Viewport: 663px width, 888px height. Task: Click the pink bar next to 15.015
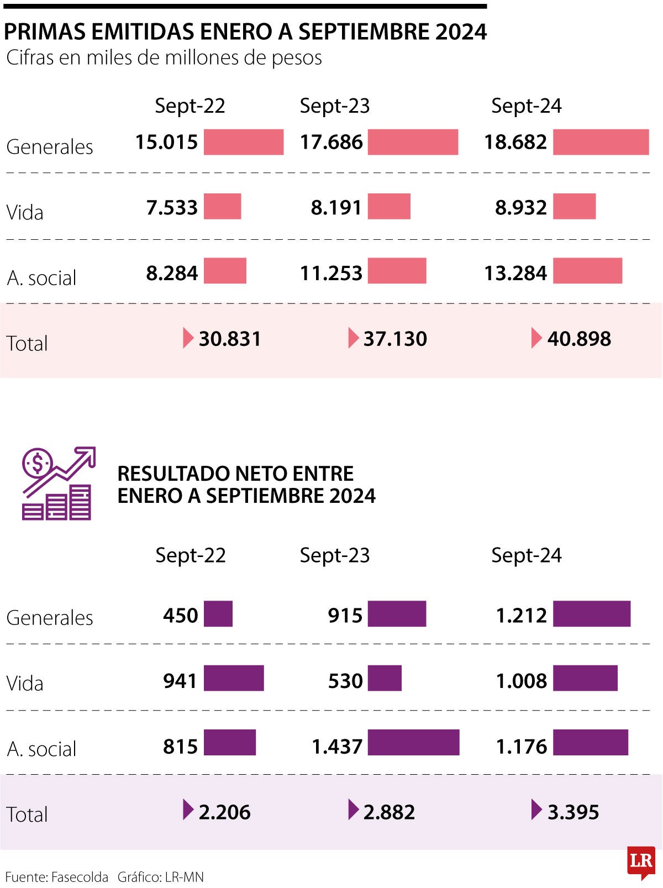pyautogui.click(x=244, y=142)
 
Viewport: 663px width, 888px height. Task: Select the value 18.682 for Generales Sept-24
pyautogui.click(x=515, y=142)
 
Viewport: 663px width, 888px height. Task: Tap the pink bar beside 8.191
pyautogui.click(x=389, y=207)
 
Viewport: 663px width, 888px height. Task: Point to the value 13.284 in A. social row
pyautogui.click(x=515, y=273)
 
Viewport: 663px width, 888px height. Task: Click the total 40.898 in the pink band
pyautogui.click(x=579, y=339)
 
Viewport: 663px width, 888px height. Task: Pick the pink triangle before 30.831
pyautogui.click(x=188, y=338)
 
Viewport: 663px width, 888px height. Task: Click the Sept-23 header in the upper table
pyautogui.click(x=334, y=106)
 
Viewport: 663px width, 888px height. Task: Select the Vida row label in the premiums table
pyautogui.click(x=25, y=212)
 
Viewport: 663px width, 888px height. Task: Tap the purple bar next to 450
pyautogui.click(x=218, y=614)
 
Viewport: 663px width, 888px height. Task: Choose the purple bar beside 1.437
pyautogui.click(x=413, y=743)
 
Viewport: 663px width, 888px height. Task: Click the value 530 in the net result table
pyautogui.click(x=345, y=681)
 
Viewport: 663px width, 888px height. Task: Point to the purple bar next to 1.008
pyautogui.click(x=585, y=679)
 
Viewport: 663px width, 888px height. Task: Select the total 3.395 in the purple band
pyautogui.click(x=573, y=812)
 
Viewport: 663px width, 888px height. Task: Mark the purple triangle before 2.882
pyautogui.click(x=354, y=810)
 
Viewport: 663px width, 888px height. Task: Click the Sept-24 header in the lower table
pyautogui.click(x=526, y=555)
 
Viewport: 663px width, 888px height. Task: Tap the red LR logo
pyautogui.click(x=641, y=861)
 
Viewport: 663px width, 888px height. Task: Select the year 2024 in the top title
pyautogui.click(x=461, y=32)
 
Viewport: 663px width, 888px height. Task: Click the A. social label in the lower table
pyautogui.click(x=41, y=749)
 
